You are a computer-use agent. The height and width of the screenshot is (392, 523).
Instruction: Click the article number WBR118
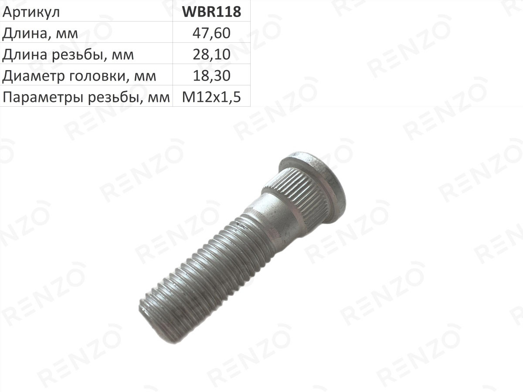211,11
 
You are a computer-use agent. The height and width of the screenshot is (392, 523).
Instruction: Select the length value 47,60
211,33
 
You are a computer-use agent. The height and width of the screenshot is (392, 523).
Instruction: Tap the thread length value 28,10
211,54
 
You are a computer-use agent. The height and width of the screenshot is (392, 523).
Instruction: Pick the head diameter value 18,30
211,76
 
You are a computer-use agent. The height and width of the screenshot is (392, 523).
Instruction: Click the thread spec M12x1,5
211,97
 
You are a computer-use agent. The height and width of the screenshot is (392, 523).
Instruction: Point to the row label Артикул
31,12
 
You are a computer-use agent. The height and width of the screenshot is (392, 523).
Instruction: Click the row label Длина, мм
40,34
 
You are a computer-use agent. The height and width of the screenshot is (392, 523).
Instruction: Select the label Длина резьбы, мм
68,55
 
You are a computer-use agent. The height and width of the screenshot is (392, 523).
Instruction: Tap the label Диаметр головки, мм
79,76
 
